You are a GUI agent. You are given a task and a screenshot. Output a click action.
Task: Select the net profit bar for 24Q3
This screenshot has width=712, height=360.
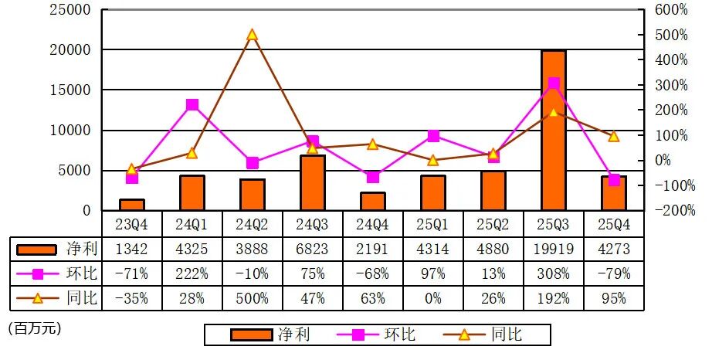click(x=312, y=182)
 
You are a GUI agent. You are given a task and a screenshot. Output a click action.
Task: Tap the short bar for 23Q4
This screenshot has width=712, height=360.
click(x=132, y=205)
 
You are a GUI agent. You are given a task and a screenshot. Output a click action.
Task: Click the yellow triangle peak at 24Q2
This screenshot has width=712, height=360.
click(x=253, y=35)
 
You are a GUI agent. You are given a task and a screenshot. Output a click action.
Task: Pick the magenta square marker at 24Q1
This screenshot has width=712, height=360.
click(x=192, y=104)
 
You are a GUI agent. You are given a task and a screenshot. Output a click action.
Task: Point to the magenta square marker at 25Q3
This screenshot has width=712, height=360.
click(x=553, y=83)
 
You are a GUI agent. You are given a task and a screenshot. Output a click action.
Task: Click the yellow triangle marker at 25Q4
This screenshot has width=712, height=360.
click(x=613, y=137)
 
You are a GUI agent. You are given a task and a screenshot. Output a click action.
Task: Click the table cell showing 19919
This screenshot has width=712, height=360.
click(x=553, y=249)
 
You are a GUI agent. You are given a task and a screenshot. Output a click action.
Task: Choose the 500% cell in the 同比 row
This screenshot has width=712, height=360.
click(x=253, y=299)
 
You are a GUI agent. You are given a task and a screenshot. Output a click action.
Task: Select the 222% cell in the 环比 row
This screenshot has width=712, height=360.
click(x=192, y=274)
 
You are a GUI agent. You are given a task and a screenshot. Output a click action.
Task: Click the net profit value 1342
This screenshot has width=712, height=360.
click(x=132, y=249)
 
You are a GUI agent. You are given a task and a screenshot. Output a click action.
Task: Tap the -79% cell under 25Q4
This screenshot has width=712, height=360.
click(x=613, y=274)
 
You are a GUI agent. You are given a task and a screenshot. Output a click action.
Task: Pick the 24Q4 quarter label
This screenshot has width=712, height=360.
click(x=373, y=225)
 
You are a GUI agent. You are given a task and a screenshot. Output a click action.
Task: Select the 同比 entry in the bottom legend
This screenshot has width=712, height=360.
click(x=506, y=334)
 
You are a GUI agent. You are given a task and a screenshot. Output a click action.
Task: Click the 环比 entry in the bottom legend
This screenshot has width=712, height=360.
click(x=399, y=334)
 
